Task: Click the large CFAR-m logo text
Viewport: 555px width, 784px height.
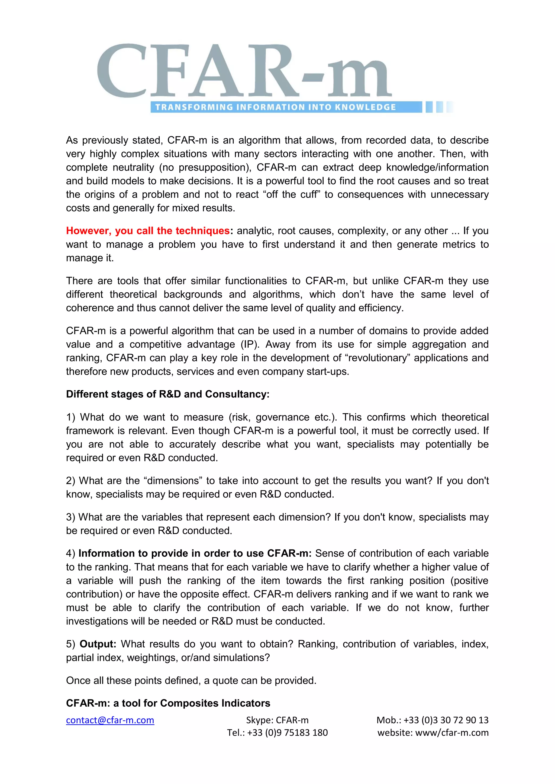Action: tap(244, 71)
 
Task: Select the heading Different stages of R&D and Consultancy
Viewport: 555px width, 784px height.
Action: tap(167, 394)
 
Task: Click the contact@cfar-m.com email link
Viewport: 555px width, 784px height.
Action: tap(110, 720)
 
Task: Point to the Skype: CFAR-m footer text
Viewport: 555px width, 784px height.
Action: tap(277, 720)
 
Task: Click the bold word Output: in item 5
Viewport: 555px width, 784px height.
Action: tap(98, 644)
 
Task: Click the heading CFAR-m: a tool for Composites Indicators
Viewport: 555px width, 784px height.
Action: tap(168, 703)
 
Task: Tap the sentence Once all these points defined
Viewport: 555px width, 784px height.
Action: tap(191, 681)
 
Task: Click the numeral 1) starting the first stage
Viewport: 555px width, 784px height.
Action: tap(70, 417)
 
